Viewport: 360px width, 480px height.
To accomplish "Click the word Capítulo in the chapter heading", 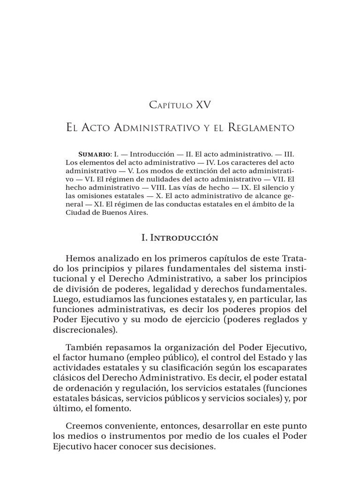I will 172,105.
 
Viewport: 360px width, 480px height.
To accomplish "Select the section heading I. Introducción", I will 180,238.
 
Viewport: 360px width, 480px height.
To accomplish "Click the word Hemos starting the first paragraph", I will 82,259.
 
